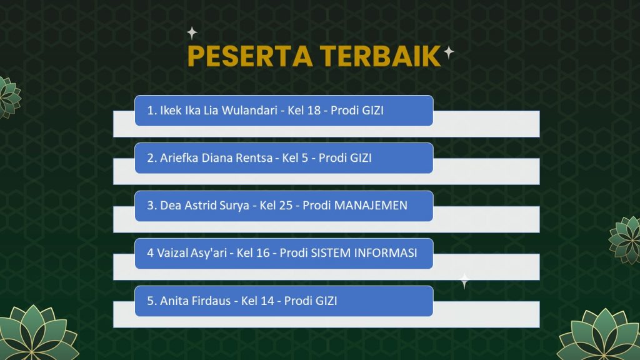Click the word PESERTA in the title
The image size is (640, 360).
click(x=250, y=56)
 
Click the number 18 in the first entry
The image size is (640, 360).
click(x=314, y=110)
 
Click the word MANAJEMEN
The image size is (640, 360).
click(x=371, y=205)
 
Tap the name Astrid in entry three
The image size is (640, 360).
click(x=201, y=205)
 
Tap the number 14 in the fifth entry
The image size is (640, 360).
click(x=267, y=301)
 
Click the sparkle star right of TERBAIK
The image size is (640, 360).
click(x=449, y=52)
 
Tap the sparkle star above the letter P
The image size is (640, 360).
click(x=192, y=33)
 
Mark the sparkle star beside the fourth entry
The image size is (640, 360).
click(x=464, y=281)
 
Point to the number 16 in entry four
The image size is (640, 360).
click(x=263, y=253)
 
